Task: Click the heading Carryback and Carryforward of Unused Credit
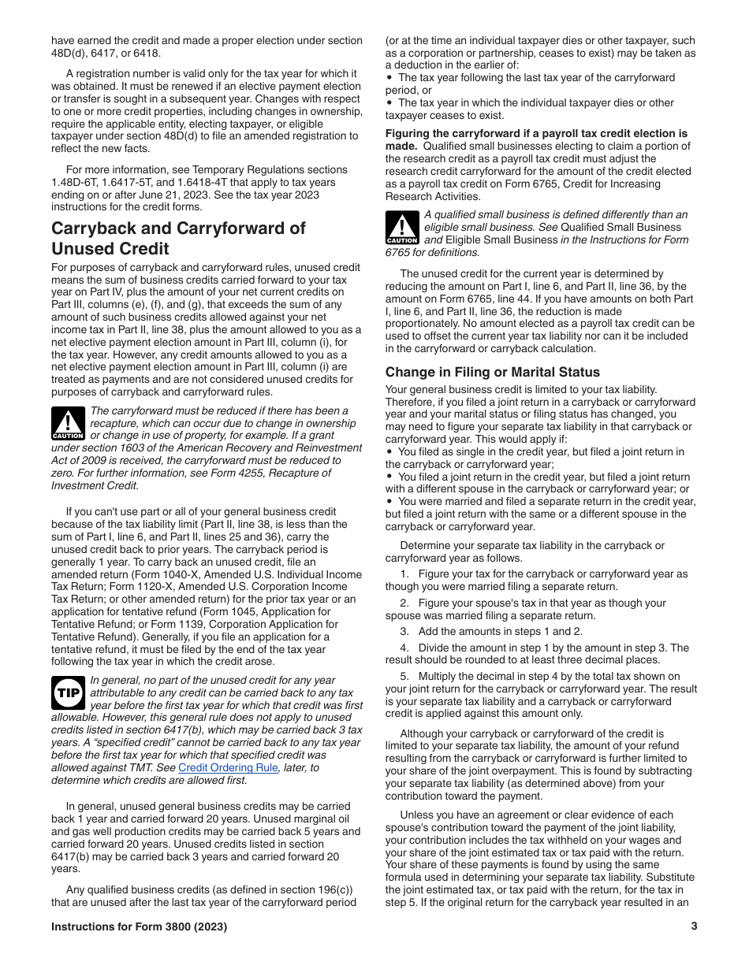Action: click(x=178, y=238)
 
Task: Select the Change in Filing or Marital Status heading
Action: click(x=492, y=372)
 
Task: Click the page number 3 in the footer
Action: click(x=694, y=926)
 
